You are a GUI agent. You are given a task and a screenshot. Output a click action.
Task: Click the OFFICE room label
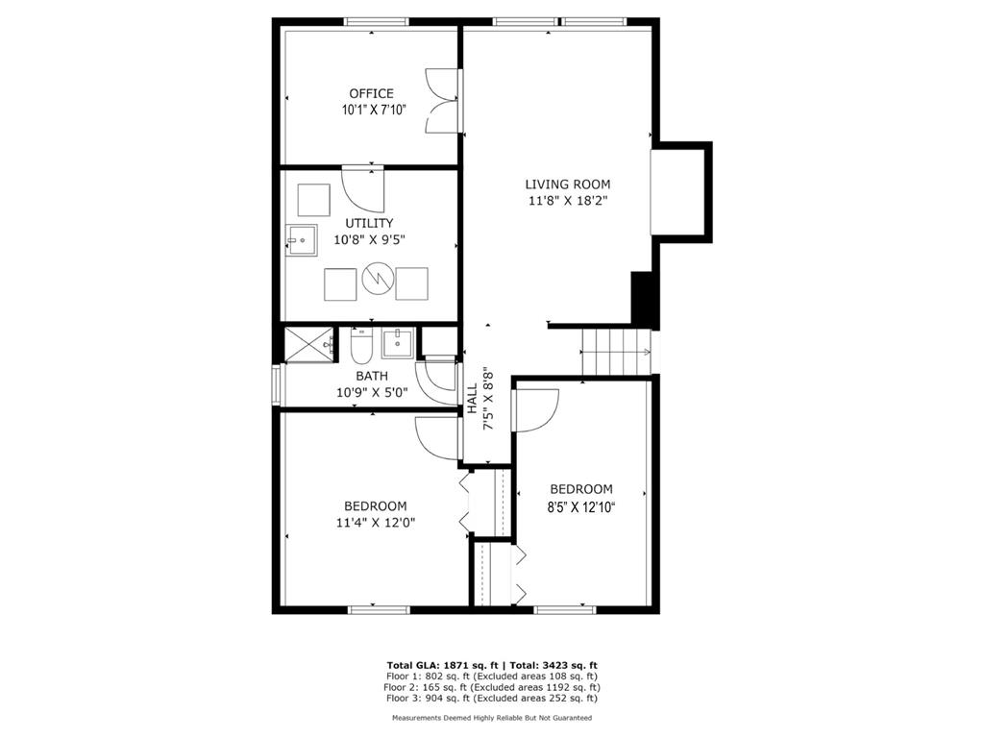point(372,93)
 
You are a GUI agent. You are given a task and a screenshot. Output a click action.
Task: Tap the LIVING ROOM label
point(567,184)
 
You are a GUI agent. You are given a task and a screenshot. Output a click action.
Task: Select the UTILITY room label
point(369,223)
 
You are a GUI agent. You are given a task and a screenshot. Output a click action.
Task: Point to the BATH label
point(372,376)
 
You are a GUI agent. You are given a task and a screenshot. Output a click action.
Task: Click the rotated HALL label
point(472,399)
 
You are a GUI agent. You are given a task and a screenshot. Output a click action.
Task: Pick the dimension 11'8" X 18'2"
point(567,202)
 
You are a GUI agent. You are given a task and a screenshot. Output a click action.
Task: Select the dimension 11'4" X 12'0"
point(376,522)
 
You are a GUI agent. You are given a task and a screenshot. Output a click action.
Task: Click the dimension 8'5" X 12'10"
point(580,505)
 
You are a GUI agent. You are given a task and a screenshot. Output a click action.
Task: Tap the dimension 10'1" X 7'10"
point(374,111)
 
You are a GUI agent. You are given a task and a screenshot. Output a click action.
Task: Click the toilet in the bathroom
point(361,347)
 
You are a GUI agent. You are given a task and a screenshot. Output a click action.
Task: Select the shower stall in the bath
point(310,344)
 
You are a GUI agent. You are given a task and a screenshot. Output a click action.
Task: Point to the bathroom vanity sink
point(398,343)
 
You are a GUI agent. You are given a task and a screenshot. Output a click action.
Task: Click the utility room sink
point(301,239)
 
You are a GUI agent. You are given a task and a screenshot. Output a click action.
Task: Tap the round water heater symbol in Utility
point(378,278)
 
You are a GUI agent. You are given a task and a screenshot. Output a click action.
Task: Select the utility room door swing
point(362,189)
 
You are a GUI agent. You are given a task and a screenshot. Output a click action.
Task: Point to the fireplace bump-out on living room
point(682,192)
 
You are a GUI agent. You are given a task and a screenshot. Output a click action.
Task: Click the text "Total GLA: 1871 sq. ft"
point(442,665)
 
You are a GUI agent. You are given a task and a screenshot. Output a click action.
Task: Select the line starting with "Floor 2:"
point(492,687)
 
